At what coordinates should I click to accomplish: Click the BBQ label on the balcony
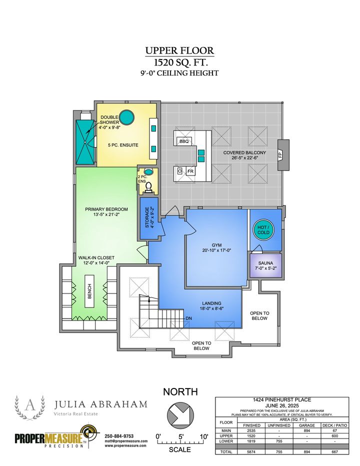pyautogui.click(x=183, y=141)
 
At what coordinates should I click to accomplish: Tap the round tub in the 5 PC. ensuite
pyautogui.click(x=127, y=117)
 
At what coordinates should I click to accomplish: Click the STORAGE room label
pyautogui.click(x=147, y=218)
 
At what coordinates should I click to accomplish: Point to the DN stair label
pyautogui.click(x=189, y=318)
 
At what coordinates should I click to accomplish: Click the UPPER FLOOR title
pyautogui.click(x=179, y=50)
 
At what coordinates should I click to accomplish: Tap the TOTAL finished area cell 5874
pyautogui.click(x=252, y=451)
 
